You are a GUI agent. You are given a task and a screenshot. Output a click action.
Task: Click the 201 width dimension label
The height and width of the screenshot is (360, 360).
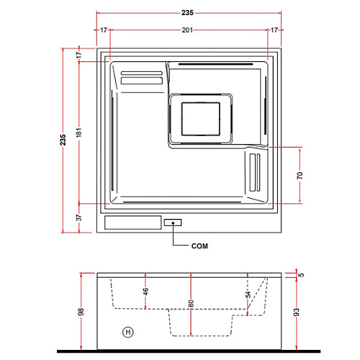pos(187,30)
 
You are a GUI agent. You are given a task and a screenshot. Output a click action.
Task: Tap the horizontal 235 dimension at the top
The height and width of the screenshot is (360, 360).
pos(187,13)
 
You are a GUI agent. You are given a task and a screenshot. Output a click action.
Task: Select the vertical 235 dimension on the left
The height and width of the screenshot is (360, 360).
pos(63,140)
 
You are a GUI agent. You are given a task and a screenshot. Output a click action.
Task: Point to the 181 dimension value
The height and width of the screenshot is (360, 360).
pos(78,132)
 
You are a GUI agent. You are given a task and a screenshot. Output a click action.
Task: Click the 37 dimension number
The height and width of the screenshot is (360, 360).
pos(78,217)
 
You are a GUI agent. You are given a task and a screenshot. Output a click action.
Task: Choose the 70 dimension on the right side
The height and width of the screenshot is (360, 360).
pos(300,176)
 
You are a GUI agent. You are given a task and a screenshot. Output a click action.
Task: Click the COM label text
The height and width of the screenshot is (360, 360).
pos(199,246)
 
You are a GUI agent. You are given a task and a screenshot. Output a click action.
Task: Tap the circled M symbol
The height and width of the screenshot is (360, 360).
pos(128,332)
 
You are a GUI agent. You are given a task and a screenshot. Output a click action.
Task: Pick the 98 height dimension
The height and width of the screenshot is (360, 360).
pos(81,312)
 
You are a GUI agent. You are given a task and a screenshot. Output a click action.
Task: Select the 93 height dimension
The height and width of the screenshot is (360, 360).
pos(297,312)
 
